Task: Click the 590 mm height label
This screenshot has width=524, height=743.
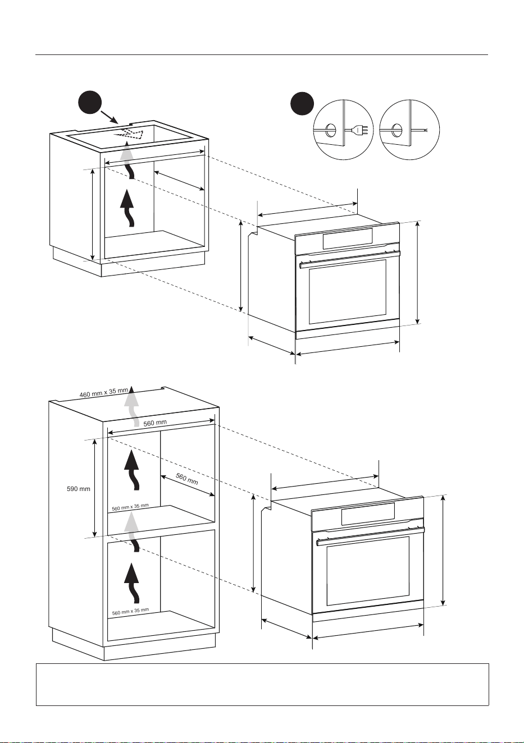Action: click(79, 489)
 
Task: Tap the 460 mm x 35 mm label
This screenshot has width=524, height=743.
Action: click(103, 392)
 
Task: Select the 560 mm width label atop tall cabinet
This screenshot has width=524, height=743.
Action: click(155, 423)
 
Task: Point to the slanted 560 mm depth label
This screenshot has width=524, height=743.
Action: click(186, 479)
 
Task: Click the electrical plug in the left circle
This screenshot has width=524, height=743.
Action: click(361, 130)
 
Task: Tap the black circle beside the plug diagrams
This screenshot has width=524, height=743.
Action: click(302, 104)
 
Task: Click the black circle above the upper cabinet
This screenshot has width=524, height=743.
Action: click(90, 103)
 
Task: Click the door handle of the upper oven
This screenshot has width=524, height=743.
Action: click(350, 259)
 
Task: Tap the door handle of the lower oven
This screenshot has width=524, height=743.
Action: click(371, 536)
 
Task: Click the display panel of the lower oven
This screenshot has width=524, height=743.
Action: click(368, 514)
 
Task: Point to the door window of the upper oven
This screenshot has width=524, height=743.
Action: click(348, 292)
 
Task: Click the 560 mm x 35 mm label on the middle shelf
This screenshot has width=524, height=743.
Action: click(130, 507)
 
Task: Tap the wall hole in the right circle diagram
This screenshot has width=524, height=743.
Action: click(396, 130)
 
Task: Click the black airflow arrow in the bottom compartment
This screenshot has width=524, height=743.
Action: click(132, 583)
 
